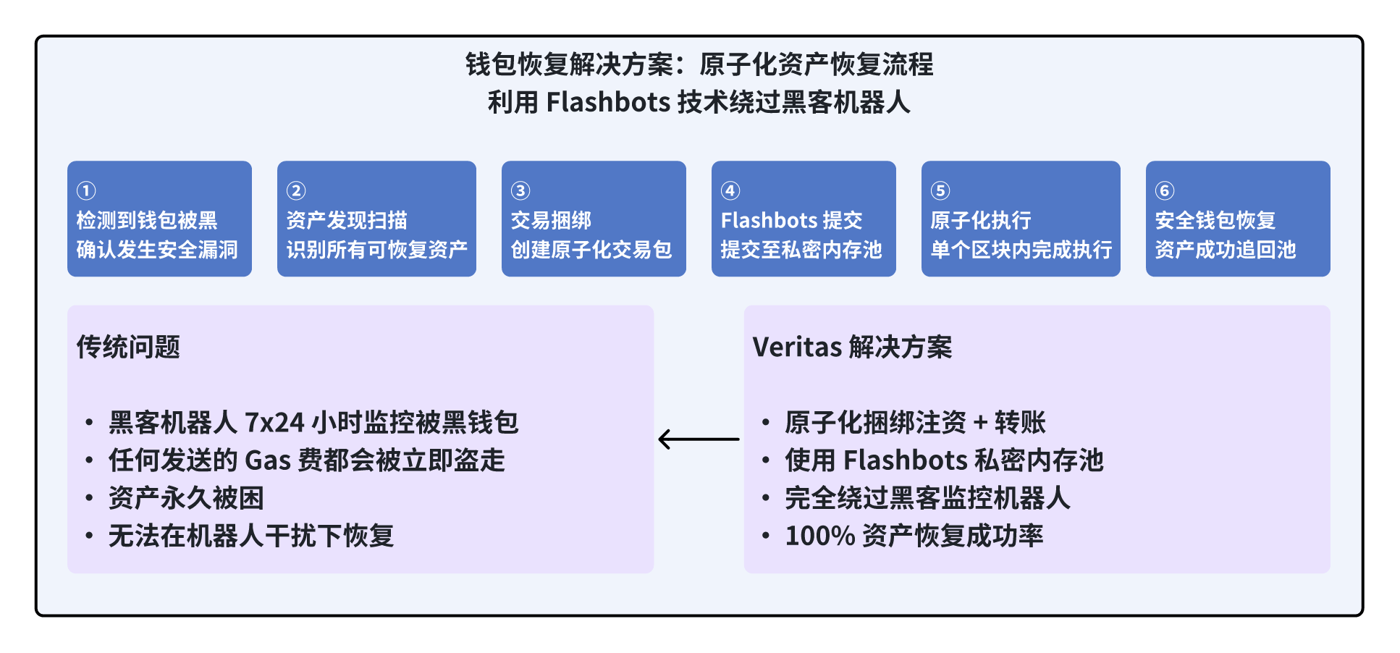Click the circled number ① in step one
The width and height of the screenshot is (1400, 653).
[86, 190]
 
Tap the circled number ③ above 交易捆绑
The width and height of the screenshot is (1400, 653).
[520, 190]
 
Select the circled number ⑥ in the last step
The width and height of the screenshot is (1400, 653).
[1165, 190]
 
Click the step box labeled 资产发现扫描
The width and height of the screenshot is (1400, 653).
[376, 219]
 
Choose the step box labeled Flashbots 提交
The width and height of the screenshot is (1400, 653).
[804, 219]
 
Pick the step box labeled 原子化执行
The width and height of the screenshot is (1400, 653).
[1021, 219]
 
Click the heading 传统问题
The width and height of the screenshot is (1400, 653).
[128, 347]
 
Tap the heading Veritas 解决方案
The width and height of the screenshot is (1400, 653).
[852, 347]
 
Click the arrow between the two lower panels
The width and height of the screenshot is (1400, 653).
[699, 439]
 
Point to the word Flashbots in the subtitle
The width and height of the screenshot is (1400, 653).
[608, 102]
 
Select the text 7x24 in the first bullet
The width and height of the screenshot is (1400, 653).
[274, 422]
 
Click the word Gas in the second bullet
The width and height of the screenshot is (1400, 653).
[268, 460]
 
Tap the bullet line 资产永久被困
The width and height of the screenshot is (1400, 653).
[186, 498]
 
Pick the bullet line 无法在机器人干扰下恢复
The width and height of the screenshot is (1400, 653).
[251, 536]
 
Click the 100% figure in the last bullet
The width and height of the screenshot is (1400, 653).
[820, 536]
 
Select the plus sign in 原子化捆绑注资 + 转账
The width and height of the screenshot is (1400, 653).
[980, 422]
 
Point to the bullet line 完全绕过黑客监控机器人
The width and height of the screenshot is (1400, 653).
[927, 498]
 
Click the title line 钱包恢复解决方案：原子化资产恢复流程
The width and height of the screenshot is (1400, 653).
[699, 64]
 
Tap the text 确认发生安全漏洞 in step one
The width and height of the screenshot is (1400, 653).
[157, 250]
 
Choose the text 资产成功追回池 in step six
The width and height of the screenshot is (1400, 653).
[1226, 250]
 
